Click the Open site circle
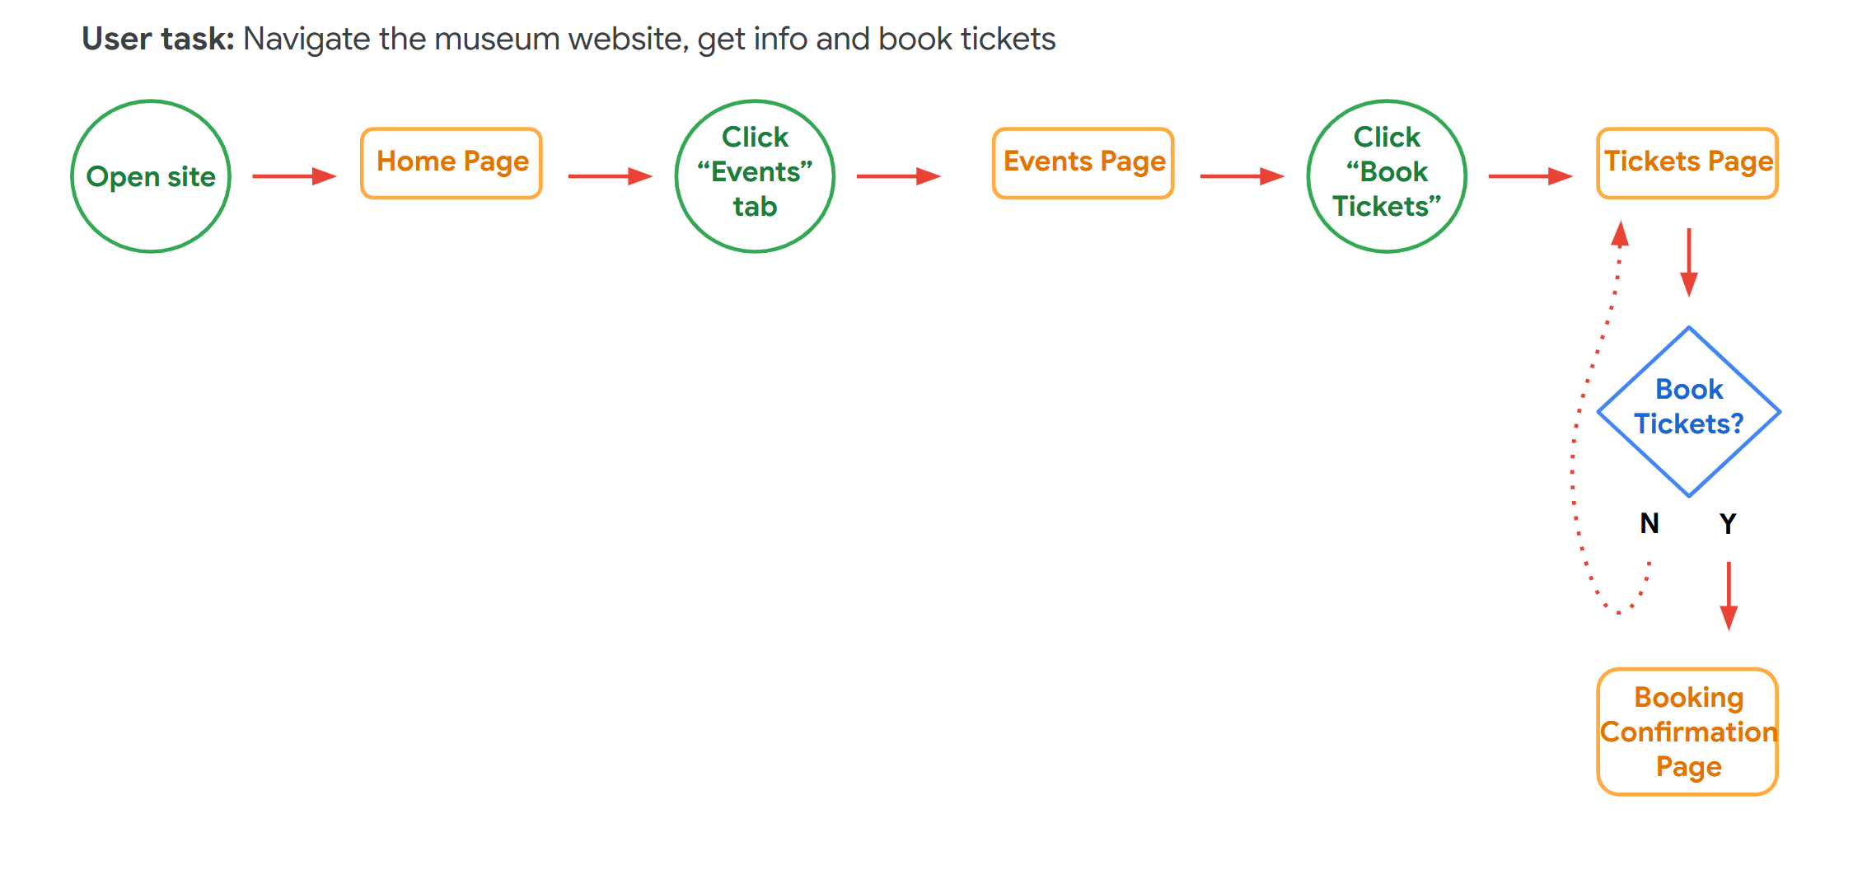(x=151, y=176)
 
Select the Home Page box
(x=452, y=162)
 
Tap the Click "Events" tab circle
(x=755, y=176)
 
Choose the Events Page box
(x=1083, y=162)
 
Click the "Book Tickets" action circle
(x=1387, y=176)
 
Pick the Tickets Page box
(x=1687, y=162)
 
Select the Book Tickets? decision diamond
(x=1689, y=411)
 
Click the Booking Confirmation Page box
(x=1687, y=732)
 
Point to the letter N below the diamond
(x=1649, y=523)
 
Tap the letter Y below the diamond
(x=1728, y=523)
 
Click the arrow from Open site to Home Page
(x=294, y=176)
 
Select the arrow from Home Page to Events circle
(x=610, y=176)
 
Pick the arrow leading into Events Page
(x=898, y=176)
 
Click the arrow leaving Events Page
(x=1242, y=176)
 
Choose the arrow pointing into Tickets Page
(x=1530, y=176)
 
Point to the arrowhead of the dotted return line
(x=1621, y=234)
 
